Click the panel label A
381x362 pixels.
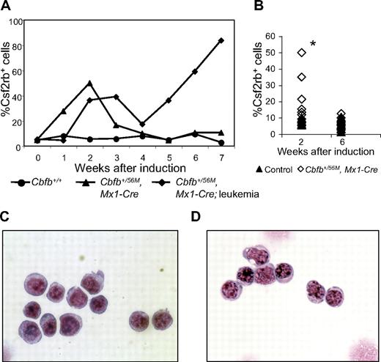7,7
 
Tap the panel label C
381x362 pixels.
7,216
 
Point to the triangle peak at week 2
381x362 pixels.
89,83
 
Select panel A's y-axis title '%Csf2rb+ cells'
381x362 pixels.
9,82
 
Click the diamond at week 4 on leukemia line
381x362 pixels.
141,124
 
